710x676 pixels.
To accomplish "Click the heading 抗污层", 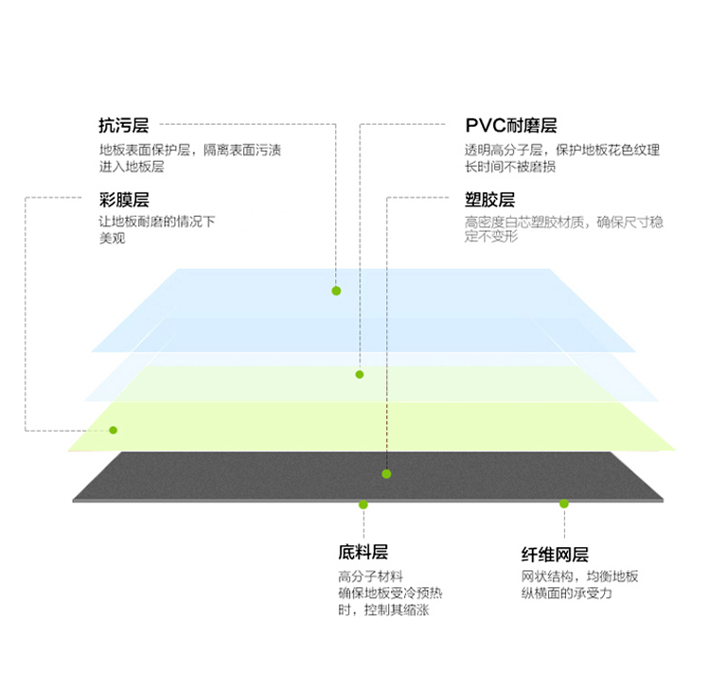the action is pos(124,125).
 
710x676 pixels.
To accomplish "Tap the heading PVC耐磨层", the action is pos(511,125).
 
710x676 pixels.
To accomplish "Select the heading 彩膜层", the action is pos(124,200).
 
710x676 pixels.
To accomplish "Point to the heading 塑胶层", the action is pos(489,200).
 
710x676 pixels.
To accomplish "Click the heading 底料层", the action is pos(363,552).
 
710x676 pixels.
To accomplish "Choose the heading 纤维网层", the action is pos(555,554).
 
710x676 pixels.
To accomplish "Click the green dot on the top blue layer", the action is pos(336,291).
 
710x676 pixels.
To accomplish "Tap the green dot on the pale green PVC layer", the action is pos(360,374).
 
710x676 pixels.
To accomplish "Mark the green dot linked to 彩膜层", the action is pos(114,430).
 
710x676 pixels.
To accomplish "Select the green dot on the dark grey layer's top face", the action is pos(386,474).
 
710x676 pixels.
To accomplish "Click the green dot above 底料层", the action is pos(364,505).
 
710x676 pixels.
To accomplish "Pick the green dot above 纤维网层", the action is pos(564,504).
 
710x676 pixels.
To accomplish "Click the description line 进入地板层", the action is pos(132,167).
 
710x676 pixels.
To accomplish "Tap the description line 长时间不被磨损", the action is pos(510,167).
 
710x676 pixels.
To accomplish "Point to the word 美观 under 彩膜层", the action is pos(113,239).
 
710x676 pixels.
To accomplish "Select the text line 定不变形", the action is pos(490,237).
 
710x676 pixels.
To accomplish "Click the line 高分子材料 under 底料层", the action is pos(370,577).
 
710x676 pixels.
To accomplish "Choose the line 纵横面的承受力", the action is pos(566,593).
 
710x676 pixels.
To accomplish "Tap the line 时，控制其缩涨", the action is pos(383,610).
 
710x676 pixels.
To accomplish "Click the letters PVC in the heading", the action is pos(486,125).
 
